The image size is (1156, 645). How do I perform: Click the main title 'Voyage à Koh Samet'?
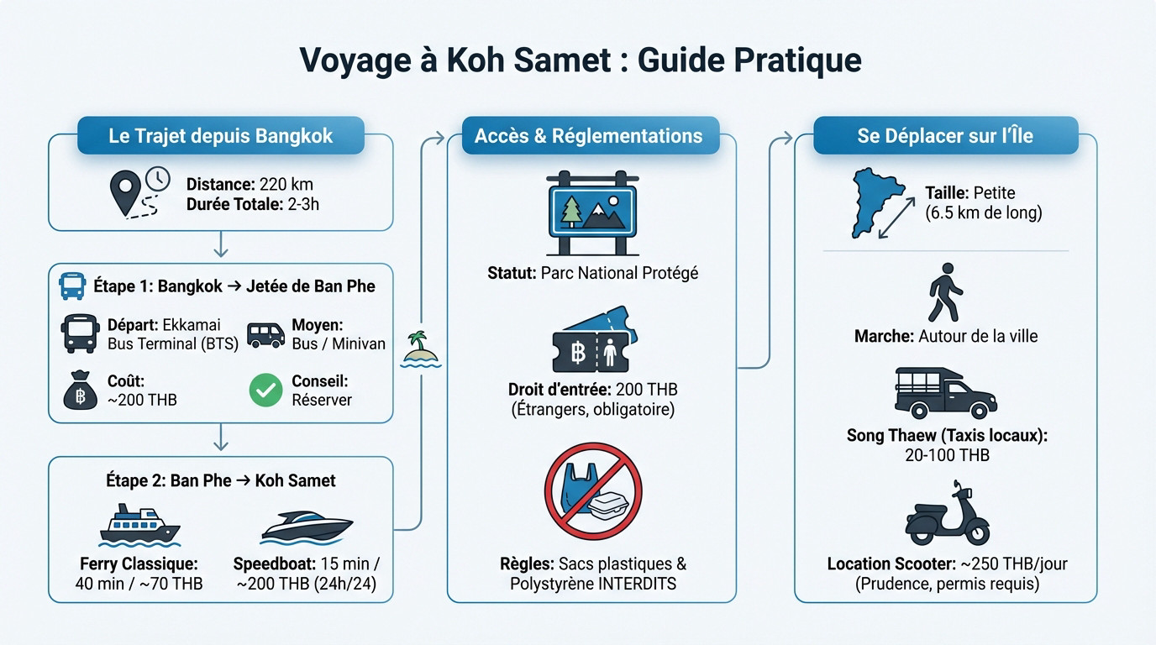pyautogui.click(x=580, y=60)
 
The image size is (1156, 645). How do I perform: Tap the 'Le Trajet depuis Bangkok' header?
pyautogui.click(x=220, y=135)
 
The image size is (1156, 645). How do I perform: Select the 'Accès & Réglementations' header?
pyautogui.click(x=588, y=135)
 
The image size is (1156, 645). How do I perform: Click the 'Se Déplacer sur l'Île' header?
pyautogui.click(x=945, y=135)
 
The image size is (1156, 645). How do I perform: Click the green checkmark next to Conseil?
pyautogui.click(x=265, y=391)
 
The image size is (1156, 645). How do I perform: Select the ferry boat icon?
pyautogui.click(x=139, y=526)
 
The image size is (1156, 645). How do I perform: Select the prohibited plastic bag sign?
pyautogui.click(x=593, y=491)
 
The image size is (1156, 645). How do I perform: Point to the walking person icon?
pyautogui.click(x=945, y=291)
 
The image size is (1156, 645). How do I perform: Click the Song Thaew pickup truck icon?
pyautogui.click(x=945, y=392)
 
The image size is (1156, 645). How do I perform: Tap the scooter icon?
pyautogui.click(x=947, y=513)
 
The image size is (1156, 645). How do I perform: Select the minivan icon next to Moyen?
pyautogui.click(x=265, y=333)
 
